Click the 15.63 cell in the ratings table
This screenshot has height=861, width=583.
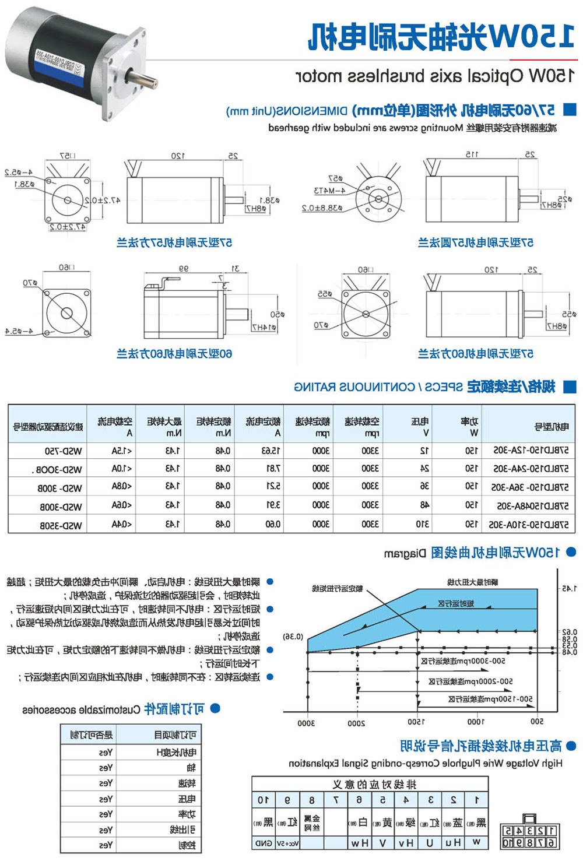pyautogui.click(x=272, y=451)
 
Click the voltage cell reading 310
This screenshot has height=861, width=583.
pyautogui.click(x=423, y=524)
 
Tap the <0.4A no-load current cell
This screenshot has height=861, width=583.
pyautogui.click(x=122, y=525)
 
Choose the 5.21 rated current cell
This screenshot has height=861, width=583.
pyautogui.click(x=272, y=487)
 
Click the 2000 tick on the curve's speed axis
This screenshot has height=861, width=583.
pyautogui.click(x=356, y=723)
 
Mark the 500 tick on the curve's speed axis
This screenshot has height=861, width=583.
pyautogui.click(x=537, y=722)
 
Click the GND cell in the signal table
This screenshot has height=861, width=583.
pyautogui.click(x=264, y=843)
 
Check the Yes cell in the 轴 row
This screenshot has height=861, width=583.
pyautogui.click(x=106, y=768)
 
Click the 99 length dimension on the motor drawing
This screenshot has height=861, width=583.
pyautogui.click(x=183, y=269)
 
